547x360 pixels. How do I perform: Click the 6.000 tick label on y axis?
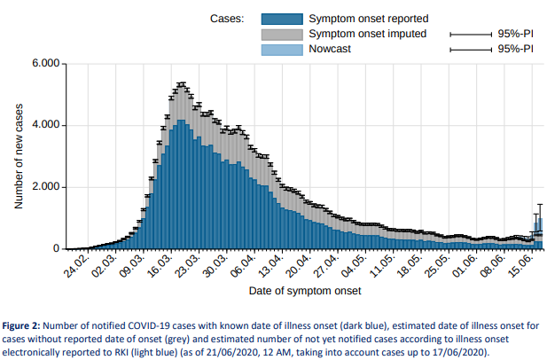[43, 64]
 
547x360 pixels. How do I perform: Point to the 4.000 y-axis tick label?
[43, 125]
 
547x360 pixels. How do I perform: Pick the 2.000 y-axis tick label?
[43, 187]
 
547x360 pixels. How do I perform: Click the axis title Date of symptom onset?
[304, 290]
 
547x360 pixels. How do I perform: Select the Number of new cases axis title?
[19, 157]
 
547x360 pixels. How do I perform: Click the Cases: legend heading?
[228, 19]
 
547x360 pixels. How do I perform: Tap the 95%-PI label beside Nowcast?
[515, 49]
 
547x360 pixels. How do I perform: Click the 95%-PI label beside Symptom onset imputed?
[515, 34]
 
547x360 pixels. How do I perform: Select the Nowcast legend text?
[332, 49]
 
